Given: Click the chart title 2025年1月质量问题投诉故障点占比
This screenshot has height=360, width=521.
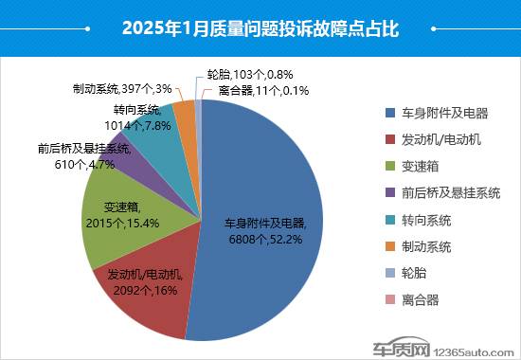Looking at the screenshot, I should point(260,28).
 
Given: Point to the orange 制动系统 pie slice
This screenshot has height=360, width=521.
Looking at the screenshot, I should point(187,118).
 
